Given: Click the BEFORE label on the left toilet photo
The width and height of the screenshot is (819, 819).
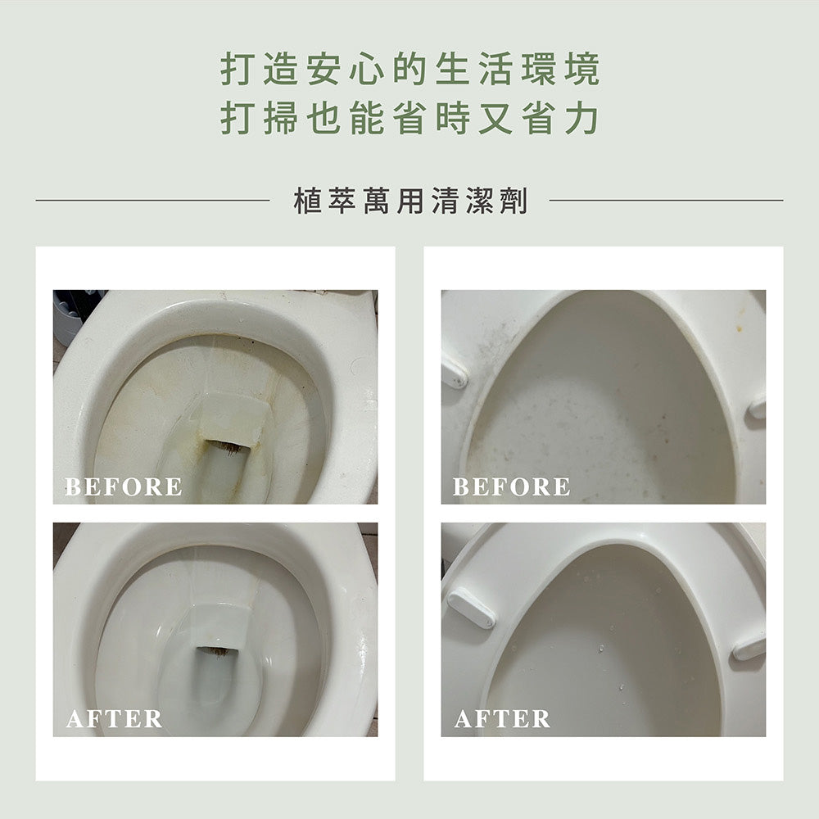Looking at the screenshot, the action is click(124, 486).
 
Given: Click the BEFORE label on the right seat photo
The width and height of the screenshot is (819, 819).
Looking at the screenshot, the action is click(511, 486).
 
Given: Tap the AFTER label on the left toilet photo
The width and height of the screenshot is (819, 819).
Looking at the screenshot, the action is click(114, 719).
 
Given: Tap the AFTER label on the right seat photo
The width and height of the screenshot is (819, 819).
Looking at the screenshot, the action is click(502, 719).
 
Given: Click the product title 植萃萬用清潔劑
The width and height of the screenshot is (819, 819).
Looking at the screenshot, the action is click(410, 201).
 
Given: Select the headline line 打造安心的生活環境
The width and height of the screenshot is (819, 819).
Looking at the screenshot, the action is click(410, 69).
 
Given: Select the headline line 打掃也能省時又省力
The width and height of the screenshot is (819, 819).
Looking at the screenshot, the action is click(410, 118).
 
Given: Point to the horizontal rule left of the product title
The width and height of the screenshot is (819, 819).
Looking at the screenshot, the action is click(152, 200).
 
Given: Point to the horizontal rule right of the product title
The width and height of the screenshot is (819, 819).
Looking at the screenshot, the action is click(667, 200).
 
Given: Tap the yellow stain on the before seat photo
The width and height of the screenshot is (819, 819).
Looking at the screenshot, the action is click(739, 328).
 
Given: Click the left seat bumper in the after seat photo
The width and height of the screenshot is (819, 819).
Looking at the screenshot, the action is click(472, 608).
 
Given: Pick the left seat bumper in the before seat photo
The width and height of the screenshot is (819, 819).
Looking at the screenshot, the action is click(454, 371).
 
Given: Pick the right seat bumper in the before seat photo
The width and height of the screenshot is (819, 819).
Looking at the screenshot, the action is click(757, 408).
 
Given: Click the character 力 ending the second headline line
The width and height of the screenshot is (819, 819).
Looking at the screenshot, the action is click(581, 118).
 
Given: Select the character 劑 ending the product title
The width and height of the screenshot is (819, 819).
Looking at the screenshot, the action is click(514, 201).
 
